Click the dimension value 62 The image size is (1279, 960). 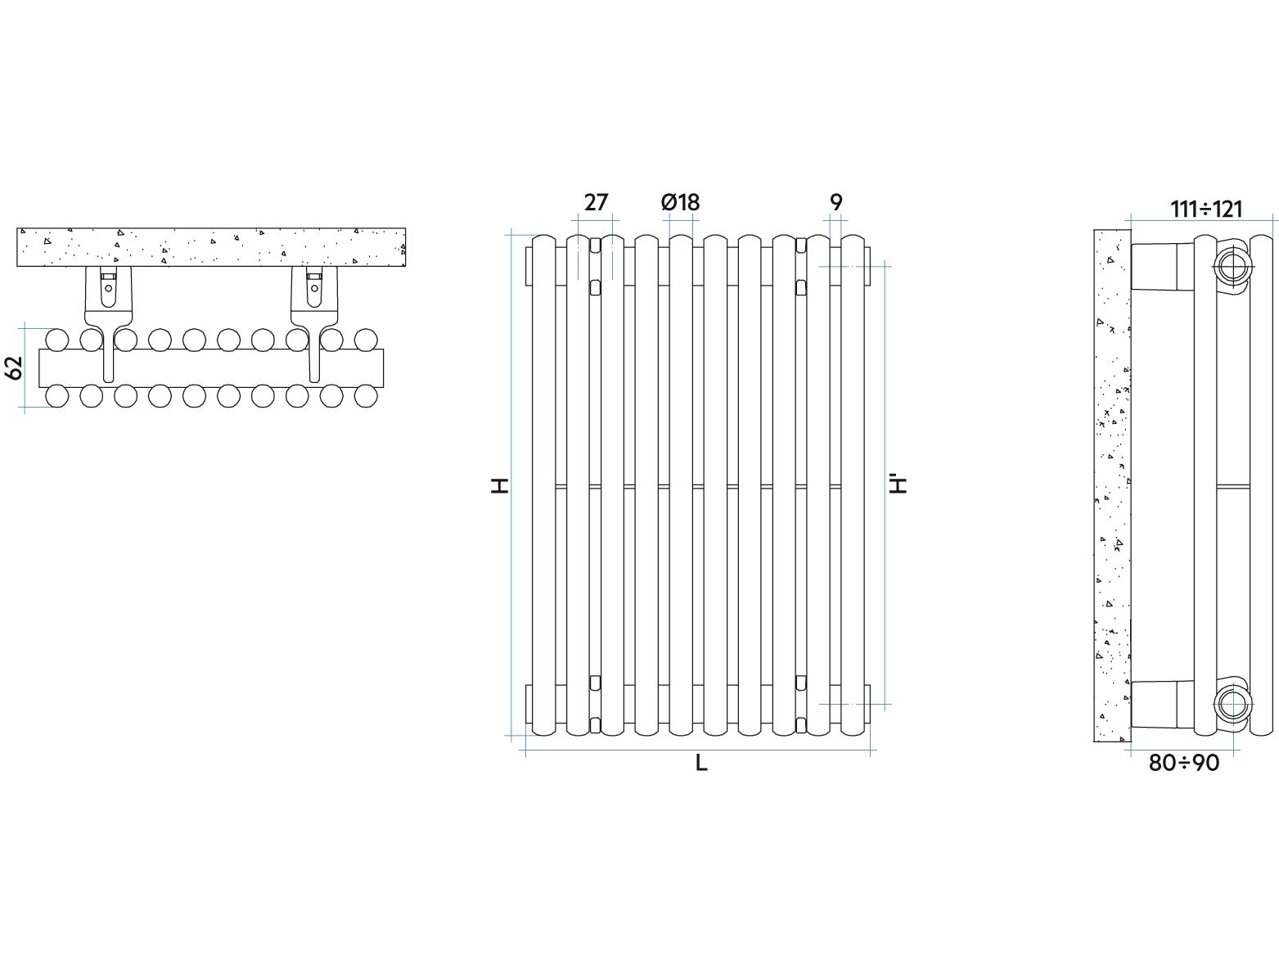(14, 367)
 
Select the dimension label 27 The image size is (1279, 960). (596, 203)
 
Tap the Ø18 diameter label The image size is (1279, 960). (680, 203)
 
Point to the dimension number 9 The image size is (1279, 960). (835, 203)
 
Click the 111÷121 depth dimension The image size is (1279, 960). (1207, 209)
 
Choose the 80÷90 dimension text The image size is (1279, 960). (1184, 763)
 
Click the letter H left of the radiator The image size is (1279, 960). (500, 486)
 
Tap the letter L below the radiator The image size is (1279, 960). (701, 763)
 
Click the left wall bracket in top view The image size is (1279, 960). (108, 323)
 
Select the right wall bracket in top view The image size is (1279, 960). (315, 323)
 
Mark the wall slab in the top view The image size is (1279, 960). (211, 247)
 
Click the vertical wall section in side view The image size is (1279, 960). (1112, 486)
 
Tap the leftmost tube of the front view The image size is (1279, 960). (543, 486)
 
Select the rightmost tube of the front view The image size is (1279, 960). (853, 486)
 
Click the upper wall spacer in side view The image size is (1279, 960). (1163, 267)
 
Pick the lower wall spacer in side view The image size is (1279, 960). (1163, 705)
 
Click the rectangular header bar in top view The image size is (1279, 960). (211, 368)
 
